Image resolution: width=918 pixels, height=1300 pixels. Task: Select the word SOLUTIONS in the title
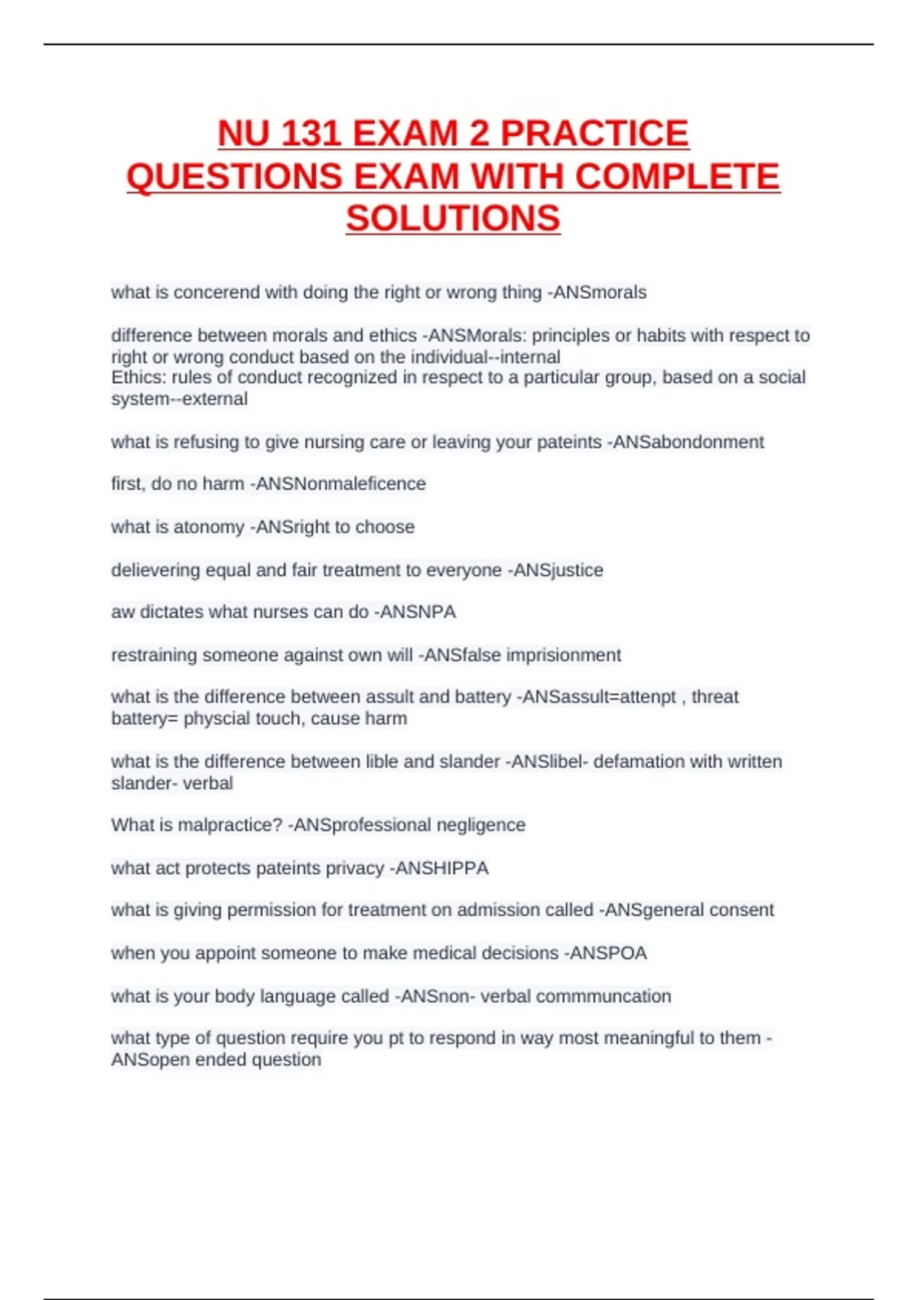point(453,219)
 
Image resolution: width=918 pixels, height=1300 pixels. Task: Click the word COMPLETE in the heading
point(677,177)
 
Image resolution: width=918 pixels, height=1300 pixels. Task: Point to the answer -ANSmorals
point(597,292)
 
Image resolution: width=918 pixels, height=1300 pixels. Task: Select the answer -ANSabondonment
point(685,442)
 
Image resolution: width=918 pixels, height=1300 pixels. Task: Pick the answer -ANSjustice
point(555,570)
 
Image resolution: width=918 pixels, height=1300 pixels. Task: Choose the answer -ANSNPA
point(415,612)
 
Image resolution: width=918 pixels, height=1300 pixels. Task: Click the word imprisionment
point(567,655)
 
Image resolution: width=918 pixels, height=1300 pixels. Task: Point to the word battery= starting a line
point(144,718)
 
